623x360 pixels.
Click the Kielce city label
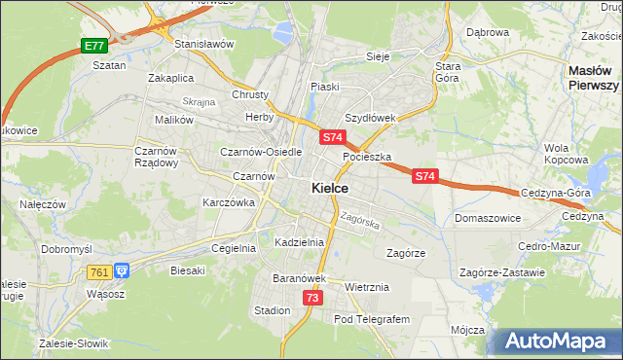(329, 188)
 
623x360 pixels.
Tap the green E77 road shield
(93, 46)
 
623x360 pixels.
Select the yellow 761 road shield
(98, 272)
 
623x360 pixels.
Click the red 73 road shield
(311, 298)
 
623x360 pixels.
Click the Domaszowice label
(486, 218)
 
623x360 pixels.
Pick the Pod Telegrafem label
(373, 319)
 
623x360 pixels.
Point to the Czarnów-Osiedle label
(262, 152)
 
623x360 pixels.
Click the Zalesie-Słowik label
(74, 343)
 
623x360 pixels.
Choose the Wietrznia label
(367, 287)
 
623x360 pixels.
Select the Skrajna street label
(198, 101)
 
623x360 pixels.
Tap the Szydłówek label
(370, 118)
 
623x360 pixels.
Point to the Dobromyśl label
(66, 248)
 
